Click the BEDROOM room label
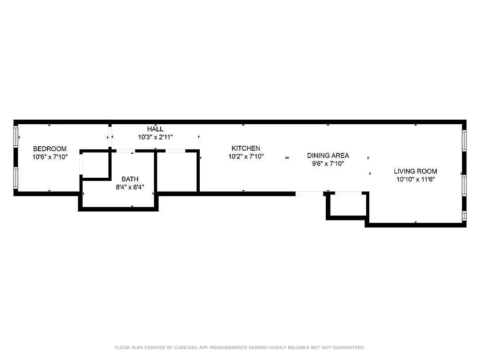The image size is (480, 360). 49,149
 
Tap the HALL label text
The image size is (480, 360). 155,129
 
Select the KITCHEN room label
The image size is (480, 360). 246,148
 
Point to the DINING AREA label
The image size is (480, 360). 328,156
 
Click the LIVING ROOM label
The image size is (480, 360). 415,171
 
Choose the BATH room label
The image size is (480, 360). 130,179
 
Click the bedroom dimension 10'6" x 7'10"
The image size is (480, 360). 49,157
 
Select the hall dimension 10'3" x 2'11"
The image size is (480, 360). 155,137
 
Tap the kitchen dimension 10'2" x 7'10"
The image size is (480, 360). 246,157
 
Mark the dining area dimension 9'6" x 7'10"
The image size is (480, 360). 328,164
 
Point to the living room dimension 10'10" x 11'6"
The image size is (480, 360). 415,179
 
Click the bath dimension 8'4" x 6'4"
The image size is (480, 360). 130,187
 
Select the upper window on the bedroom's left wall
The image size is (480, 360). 16,136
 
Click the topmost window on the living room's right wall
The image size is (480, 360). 464,140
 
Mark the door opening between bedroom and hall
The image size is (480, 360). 109,136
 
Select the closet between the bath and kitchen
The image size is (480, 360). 177,172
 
